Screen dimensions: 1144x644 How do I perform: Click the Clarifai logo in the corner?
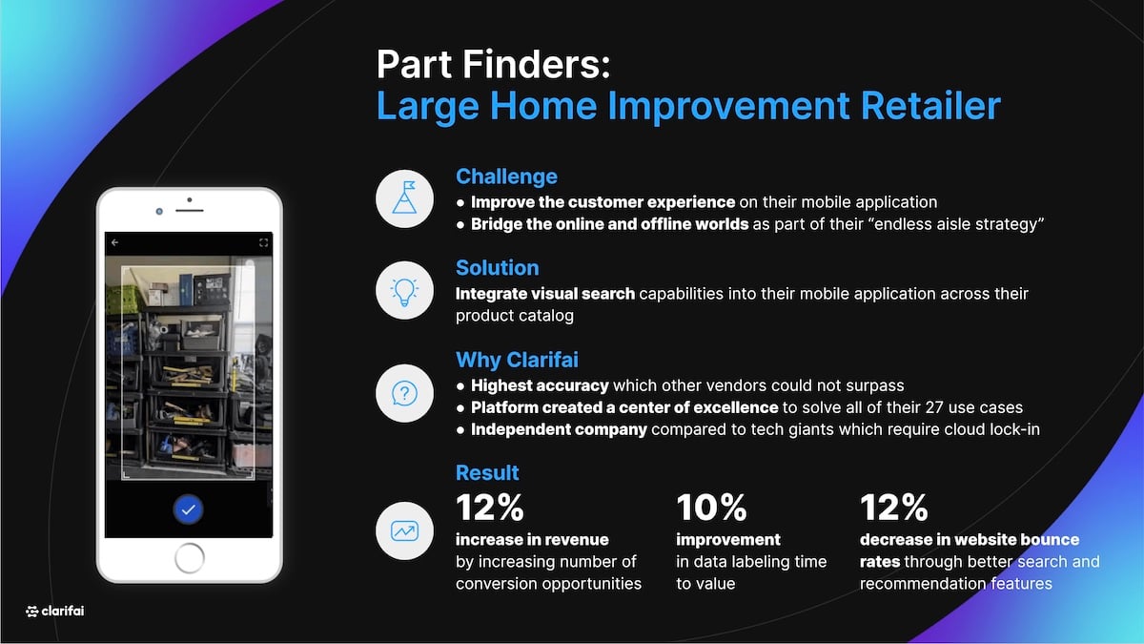[x=54, y=611]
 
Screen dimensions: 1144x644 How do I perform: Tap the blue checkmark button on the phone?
[x=189, y=509]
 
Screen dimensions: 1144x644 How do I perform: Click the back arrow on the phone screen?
[x=115, y=242]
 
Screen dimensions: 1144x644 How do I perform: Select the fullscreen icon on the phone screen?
[x=263, y=242]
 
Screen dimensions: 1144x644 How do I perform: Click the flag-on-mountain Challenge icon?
[x=404, y=198]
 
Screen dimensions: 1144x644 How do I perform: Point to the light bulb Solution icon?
[x=404, y=290]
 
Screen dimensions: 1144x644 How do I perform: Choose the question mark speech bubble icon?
[x=404, y=393]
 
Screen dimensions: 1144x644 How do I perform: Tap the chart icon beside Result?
[x=404, y=531]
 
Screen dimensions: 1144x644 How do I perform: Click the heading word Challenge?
[x=506, y=177]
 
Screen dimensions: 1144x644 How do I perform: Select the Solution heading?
[x=497, y=268]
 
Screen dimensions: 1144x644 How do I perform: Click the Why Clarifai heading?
[x=517, y=360]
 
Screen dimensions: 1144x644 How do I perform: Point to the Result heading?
[x=487, y=473]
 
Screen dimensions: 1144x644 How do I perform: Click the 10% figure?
[x=711, y=508]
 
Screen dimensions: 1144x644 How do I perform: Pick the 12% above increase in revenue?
[x=490, y=508]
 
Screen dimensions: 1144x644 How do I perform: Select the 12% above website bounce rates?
[x=894, y=508]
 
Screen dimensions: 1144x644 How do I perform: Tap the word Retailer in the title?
[x=930, y=106]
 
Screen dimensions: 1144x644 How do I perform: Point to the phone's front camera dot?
[x=159, y=211]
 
